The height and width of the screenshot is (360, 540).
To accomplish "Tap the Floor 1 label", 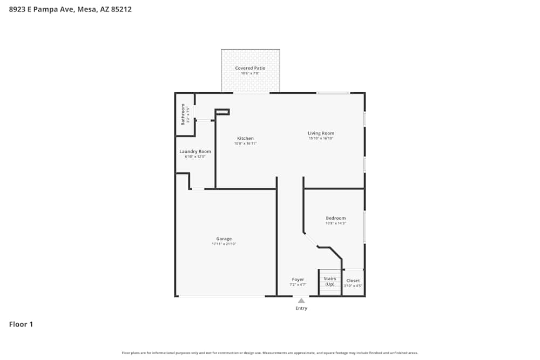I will pos(21,324).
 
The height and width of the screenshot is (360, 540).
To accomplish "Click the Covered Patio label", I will pos(250,68).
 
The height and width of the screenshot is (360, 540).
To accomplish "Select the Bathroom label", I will pos(183,114).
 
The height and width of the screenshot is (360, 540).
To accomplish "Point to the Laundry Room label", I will pos(195,152).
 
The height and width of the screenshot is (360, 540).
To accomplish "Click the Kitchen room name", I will pos(245,138).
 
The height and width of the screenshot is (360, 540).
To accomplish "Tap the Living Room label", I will pos(321,133).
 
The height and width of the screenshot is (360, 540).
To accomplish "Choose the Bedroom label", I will pos(335,218).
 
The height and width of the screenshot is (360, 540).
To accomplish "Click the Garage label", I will pos(224,239).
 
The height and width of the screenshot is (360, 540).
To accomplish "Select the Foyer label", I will pos(298,280).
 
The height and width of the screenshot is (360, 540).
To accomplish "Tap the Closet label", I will pos(353,281).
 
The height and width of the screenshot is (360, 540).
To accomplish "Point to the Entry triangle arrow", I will pos(301,301).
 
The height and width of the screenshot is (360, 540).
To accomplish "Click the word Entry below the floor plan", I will pos(301,308).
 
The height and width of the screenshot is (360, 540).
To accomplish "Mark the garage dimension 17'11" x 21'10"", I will pos(224,244).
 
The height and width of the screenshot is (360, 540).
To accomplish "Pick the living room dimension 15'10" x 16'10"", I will pos(321,138).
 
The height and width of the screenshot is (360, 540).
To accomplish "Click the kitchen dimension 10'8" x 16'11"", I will pos(245,144).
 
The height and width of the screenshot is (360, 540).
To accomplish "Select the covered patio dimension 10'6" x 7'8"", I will pos(250,73).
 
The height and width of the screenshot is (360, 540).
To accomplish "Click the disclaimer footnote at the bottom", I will pos(269,353).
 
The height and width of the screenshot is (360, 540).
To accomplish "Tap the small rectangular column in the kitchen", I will pos(222,112).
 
